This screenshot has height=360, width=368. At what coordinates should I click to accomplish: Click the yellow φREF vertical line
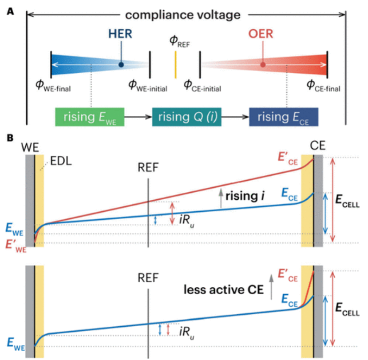(175, 65)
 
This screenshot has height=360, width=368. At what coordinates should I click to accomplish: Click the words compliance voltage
(182, 15)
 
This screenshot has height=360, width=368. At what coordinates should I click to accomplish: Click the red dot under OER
(263, 65)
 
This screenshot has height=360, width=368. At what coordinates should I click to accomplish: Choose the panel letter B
(10, 138)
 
